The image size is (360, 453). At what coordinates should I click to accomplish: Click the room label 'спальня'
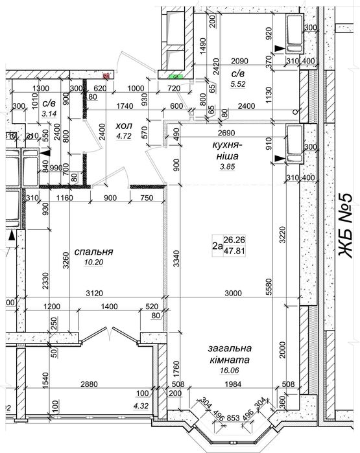pyautogui.click(x=93, y=252)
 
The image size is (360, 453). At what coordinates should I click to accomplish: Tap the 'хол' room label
pyautogui.click(x=124, y=126)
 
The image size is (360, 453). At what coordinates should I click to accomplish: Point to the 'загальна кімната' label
pyautogui.click(x=230, y=354)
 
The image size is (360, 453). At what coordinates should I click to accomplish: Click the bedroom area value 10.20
pyautogui.click(x=93, y=262)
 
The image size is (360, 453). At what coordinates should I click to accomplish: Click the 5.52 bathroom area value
pyautogui.click(x=238, y=84)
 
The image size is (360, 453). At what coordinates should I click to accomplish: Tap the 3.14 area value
pyautogui.click(x=49, y=113)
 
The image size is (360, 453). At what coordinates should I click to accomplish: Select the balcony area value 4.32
pyautogui.click(x=141, y=406)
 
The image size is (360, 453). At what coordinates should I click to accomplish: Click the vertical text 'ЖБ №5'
pyautogui.click(x=346, y=226)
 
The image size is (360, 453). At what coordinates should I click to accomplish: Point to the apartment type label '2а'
pyautogui.click(x=217, y=246)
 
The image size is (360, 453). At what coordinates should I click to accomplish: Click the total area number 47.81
pyautogui.click(x=235, y=251)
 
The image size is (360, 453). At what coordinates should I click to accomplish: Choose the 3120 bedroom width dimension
pyautogui.click(x=95, y=293)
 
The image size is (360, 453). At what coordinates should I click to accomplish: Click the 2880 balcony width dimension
pyautogui.click(x=89, y=384)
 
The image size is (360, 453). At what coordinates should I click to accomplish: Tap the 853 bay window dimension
pyautogui.click(x=234, y=418)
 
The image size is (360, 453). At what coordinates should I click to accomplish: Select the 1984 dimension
pyautogui.click(x=233, y=384)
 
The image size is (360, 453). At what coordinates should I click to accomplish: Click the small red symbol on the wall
pyautogui.click(x=106, y=76)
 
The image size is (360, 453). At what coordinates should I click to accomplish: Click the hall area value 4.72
pyautogui.click(x=124, y=136)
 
